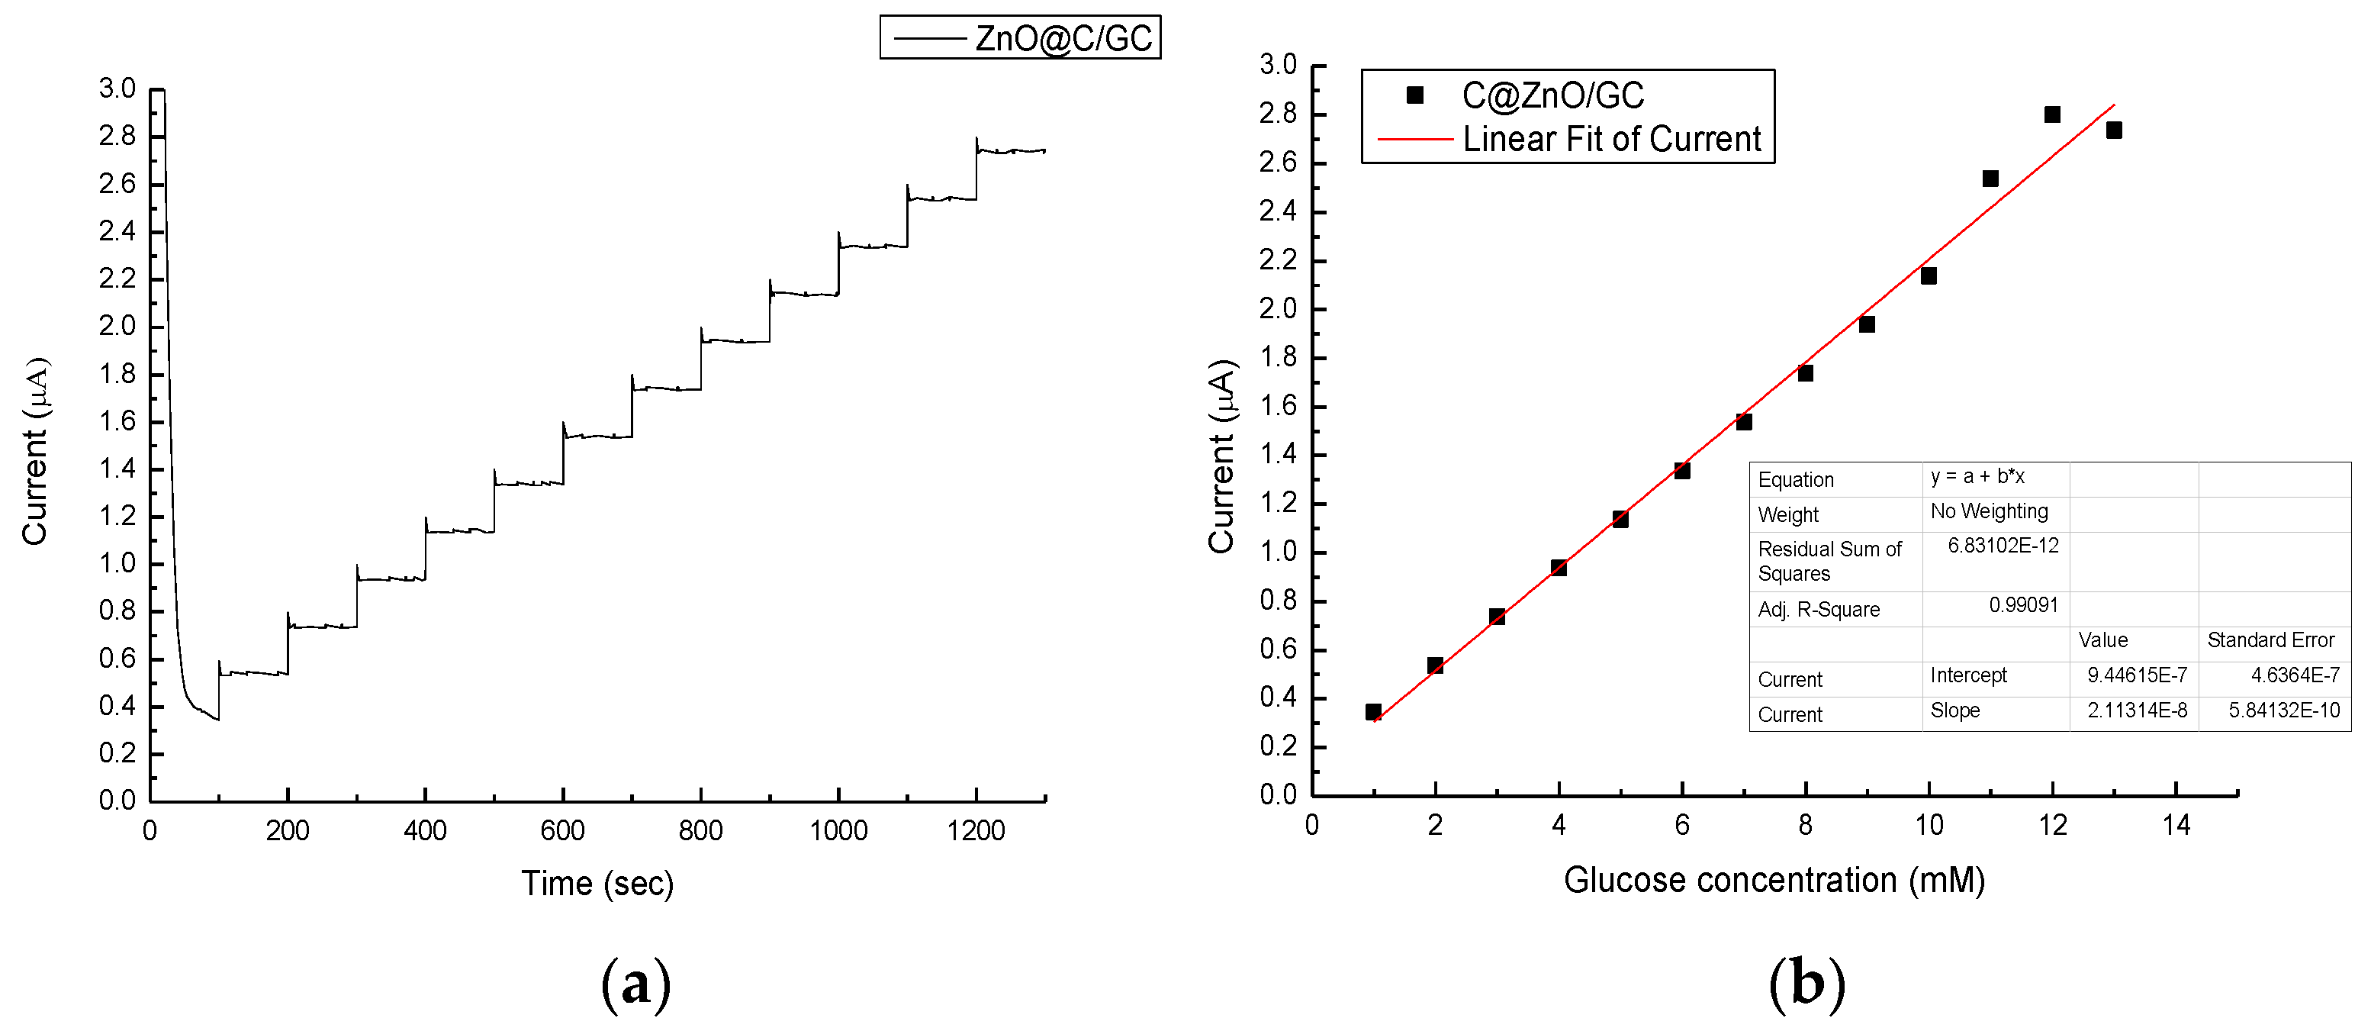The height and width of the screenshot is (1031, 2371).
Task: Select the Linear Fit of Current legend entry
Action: click(1610, 139)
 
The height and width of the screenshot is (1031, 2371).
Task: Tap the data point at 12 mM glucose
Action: click(2051, 114)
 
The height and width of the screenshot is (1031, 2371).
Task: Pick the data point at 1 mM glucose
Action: click(1373, 711)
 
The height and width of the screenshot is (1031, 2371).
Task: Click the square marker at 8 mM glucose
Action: click(1805, 373)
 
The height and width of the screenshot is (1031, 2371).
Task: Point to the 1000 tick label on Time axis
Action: click(838, 831)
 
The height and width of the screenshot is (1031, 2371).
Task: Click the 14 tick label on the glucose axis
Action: click(2176, 826)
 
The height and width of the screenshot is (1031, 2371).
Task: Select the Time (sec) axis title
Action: click(597, 884)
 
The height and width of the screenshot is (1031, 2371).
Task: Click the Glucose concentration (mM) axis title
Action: click(1774, 880)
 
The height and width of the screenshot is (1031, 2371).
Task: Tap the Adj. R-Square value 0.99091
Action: click(2023, 606)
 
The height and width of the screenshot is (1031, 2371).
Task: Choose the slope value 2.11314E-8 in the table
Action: click(2136, 710)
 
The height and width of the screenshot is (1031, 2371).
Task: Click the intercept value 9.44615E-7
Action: click(2136, 675)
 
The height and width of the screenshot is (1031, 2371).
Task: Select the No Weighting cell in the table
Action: click(1989, 512)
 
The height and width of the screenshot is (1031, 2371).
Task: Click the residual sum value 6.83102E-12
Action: click(2003, 546)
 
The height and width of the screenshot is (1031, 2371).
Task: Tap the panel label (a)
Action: click(635, 983)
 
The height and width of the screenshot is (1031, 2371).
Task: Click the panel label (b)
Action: click(1806, 983)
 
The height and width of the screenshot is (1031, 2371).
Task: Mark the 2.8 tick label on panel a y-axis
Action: click(117, 137)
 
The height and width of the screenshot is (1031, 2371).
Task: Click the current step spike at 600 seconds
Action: click(563, 425)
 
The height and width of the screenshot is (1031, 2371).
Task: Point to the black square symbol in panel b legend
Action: click(1414, 95)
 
